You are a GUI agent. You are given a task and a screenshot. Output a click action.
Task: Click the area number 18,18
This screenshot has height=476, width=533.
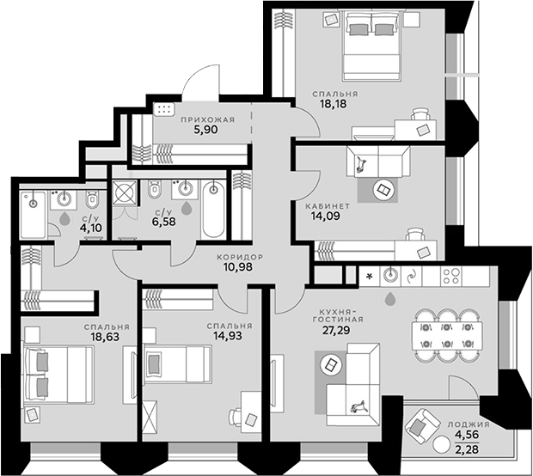coord(334,104)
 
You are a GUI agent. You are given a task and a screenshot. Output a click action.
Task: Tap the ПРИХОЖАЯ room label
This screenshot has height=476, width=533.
coord(208,120)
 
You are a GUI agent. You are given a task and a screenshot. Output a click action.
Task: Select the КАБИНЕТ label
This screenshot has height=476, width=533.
coord(328,206)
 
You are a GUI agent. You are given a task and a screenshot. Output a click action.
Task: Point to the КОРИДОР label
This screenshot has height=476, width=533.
coord(240,257)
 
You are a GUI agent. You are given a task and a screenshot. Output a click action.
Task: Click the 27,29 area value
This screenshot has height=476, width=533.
coord(336,330)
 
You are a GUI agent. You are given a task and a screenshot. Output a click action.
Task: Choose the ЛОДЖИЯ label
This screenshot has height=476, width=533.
coord(469,424)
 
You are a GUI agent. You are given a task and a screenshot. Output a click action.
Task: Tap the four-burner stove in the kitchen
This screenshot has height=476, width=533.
coord(451,276)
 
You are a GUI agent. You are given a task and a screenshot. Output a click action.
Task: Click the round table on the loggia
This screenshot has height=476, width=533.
coord(441,443)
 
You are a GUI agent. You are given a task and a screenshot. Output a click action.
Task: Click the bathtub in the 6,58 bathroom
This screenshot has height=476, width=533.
coord(213,211)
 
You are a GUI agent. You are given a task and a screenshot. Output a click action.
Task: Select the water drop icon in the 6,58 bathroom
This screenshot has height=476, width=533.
coord(186,208)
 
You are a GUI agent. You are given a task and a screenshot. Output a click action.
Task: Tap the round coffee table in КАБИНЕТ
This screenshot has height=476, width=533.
coord(385,190)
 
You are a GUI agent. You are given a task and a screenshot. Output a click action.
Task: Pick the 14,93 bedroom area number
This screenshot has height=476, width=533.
coord(228,336)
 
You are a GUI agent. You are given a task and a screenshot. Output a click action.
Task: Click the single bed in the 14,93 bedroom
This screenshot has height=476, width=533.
coord(177,364)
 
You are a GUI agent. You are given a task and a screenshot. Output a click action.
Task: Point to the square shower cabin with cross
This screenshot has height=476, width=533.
coord(126,192)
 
